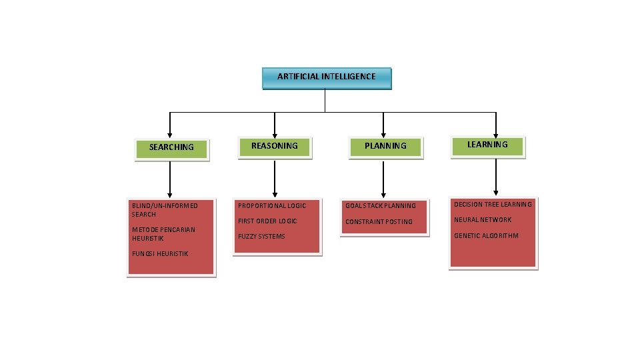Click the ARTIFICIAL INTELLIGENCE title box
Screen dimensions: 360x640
click(326, 77)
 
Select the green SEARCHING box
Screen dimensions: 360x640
click(172, 148)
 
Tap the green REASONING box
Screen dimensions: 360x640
click(275, 146)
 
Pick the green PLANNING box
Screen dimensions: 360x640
click(385, 146)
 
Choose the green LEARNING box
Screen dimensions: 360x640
click(487, 145)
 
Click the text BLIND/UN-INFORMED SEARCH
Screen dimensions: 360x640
click(164, 209)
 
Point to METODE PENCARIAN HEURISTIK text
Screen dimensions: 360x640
click(163, 234)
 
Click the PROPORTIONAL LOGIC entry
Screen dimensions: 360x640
click(272, 206)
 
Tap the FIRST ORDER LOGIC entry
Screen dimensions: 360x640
click(267, 221)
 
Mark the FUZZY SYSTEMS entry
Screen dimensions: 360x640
click(261, 237)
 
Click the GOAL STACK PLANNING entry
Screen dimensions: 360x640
click(380, 206)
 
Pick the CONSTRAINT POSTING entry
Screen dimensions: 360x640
click(379, 222)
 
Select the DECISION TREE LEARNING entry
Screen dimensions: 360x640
click(493, 205)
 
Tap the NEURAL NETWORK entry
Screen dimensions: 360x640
click(483, 220)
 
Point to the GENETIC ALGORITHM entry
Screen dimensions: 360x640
click(486, 236)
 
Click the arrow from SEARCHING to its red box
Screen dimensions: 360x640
click(170, 180)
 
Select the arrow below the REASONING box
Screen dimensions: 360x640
click(274, 178)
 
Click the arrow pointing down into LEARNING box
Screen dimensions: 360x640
click(496, 125)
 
